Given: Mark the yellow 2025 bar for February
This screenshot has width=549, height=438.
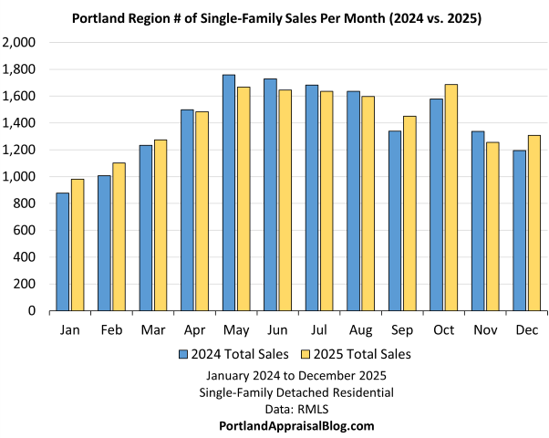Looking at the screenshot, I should click(x=118, y=236).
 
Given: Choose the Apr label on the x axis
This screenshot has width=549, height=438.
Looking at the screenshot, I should click(x=194, y=328).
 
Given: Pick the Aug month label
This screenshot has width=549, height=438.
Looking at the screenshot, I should click(x=359, y=328).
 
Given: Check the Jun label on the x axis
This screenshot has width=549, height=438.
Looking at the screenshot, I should click(x=276, y=328).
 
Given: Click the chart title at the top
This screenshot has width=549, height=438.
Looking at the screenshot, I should click(x=274, y=17).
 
